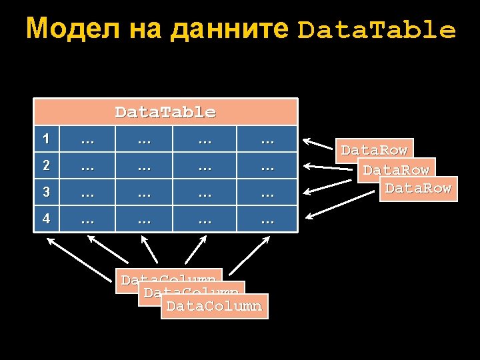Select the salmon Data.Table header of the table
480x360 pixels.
165,112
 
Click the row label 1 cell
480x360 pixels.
45,139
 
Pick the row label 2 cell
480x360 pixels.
45,166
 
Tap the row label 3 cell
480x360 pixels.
45,193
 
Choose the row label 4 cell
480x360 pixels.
45,219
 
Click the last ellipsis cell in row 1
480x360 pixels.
267,139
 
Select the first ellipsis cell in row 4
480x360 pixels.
87,219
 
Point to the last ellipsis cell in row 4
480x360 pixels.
267,219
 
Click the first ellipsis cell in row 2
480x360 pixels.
87,166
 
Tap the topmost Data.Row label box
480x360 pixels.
374,150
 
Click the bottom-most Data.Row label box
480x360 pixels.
418,188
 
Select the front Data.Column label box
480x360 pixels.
214,306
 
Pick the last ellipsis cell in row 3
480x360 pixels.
267,193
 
